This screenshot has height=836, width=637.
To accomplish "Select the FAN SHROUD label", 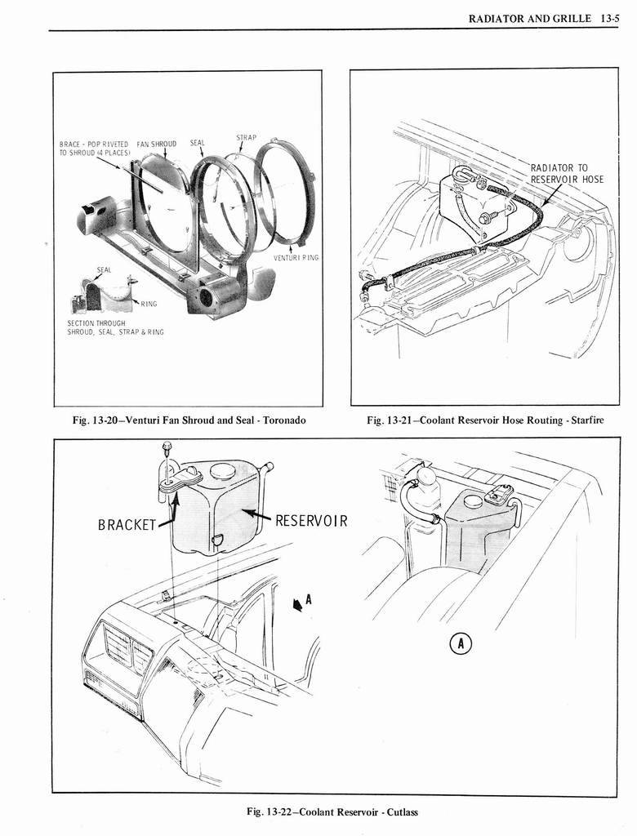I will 157,143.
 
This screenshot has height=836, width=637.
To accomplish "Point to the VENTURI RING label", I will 296,257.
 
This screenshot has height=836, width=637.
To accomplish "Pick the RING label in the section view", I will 148,304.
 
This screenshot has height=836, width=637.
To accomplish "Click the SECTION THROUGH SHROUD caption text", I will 115,327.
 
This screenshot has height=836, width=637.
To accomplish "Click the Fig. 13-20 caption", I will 189,420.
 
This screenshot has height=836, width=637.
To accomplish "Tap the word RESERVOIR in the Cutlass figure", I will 311,520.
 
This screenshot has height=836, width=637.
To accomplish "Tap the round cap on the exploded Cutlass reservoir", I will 221,470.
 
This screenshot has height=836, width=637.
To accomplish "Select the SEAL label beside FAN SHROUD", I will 198,143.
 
